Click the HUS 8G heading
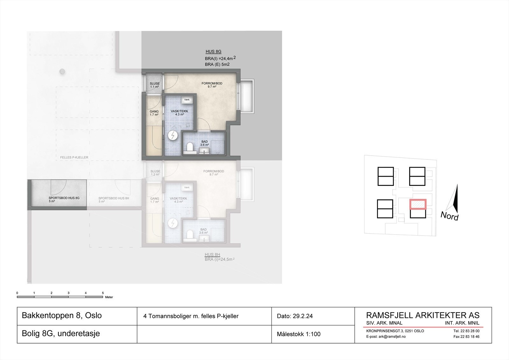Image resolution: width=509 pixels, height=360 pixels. pyautogui.click(x=213, y=52)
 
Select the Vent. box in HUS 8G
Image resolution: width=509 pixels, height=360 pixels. pyautogui.click(x=187, y=100)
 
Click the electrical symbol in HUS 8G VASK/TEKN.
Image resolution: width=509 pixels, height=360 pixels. pyautogui.click(x=173, y=136)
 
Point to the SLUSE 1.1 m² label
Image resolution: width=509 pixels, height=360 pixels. pyautogui.click(x=155, y=85)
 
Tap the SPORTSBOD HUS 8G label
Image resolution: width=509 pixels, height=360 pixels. pyautogui.click(x=64, y=198)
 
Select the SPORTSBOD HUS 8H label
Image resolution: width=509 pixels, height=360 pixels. pyautogui.click(x=114, y=198)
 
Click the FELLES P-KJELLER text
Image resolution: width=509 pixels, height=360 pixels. pyautogui.click(x=74, y=158)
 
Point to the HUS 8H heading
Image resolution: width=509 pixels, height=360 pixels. pyautogui.click(x=212, y=255)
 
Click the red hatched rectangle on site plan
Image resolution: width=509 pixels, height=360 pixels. pyautogui.click(x=418, y=204)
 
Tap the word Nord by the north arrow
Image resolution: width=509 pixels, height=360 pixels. pyautogui.click(x=449, y=216)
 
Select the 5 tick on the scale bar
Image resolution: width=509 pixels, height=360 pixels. pyautogui.click(x=103, y=293)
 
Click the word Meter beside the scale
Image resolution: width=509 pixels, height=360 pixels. pyautogui.click(x=109, y=297)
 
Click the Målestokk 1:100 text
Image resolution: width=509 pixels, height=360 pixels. pyautogui.click(x=298, y=334)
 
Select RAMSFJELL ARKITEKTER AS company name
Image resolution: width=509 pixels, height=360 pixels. pyautogui.click(x=423, y=315)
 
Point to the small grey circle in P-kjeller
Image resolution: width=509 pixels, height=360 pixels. pyautogui.click(x=62, y=71)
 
